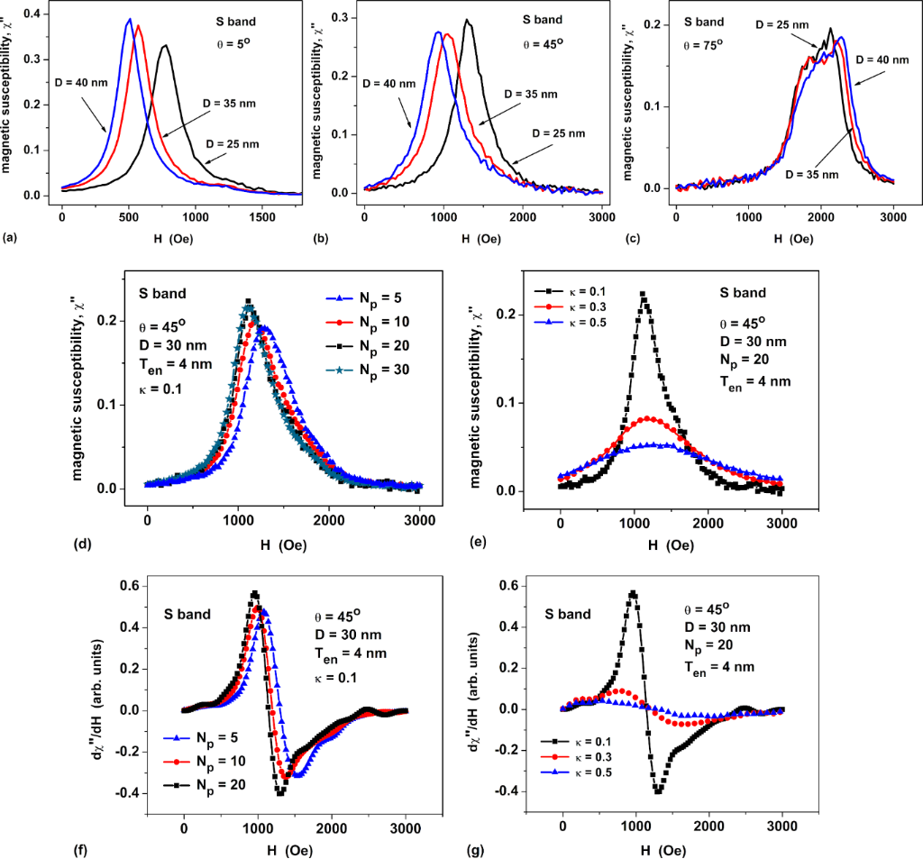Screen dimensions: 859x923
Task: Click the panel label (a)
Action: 9,237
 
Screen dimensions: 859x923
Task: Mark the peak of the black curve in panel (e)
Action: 642,294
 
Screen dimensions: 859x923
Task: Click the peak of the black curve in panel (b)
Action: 467,21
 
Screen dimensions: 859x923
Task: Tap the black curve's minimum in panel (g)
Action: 658,790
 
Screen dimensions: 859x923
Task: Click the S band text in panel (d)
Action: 162,292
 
